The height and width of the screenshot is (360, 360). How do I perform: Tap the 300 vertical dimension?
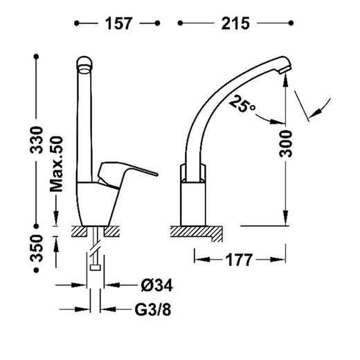tap(284, 145)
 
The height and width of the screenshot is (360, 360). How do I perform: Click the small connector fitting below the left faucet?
tap(95, 267)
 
